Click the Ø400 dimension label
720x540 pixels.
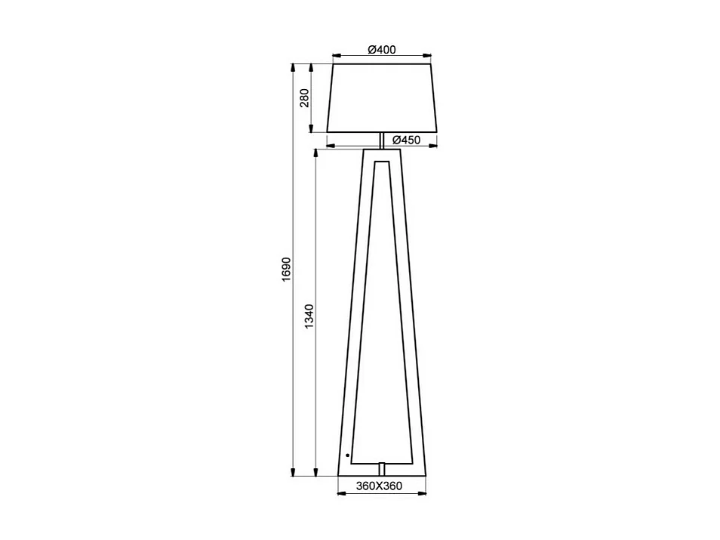click(382, 50)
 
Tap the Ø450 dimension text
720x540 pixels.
click(405, 140)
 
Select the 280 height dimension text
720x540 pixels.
click(305, 98)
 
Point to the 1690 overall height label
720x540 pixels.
click(285, 270)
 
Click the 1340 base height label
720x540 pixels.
click(309, 316)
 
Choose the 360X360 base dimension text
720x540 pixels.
click(379, 486)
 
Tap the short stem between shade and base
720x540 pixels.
click(382, 140)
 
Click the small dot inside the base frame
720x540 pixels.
click(347, 455)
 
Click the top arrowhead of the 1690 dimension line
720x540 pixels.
click(294, 67)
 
